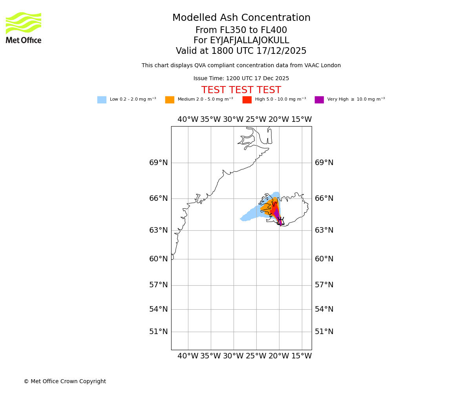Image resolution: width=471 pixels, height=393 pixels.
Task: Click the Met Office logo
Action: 24,28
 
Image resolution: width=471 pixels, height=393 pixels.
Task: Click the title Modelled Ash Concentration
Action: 241,18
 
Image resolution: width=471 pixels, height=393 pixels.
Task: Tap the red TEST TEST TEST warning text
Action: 241,90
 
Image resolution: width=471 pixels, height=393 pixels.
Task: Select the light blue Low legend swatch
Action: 102,100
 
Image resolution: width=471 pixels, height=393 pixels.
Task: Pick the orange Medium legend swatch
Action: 170,100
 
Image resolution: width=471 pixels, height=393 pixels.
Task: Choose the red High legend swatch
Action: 247,100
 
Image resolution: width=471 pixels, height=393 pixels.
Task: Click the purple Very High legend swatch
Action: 319,100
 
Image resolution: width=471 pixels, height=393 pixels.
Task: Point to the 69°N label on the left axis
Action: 158,163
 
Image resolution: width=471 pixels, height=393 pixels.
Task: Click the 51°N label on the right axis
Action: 324,332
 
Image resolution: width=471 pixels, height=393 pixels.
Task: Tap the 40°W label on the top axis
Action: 188,119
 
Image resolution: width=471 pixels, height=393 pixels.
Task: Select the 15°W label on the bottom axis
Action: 301,356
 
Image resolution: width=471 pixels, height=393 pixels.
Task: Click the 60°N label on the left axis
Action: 158,259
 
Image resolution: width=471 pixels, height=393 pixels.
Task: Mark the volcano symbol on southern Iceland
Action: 280,221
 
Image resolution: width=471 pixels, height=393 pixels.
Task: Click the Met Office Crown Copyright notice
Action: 65,381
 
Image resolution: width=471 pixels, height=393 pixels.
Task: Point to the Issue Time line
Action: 241,79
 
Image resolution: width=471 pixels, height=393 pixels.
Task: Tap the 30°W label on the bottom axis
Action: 233,356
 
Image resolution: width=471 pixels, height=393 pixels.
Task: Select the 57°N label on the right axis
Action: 324,285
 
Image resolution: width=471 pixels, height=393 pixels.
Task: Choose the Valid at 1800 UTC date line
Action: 241,51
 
